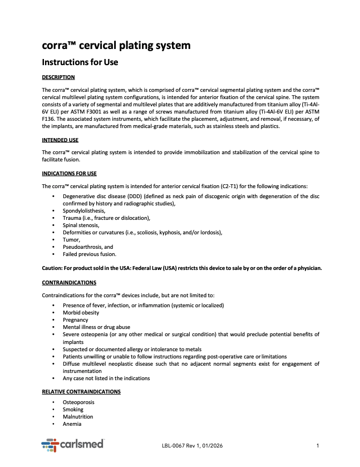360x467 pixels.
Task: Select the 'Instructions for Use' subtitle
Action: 80,62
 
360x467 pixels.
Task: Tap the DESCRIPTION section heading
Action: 58,77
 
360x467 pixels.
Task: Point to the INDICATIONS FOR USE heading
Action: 69,173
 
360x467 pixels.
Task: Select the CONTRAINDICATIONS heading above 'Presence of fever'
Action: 69,283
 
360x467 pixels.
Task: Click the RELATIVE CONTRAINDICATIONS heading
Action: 81,391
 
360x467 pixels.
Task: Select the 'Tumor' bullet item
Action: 71,239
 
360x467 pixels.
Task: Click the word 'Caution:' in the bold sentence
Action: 53,268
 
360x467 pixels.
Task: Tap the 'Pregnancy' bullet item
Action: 75,320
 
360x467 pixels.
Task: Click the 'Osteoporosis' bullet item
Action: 78,402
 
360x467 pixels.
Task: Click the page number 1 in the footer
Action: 317,445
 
